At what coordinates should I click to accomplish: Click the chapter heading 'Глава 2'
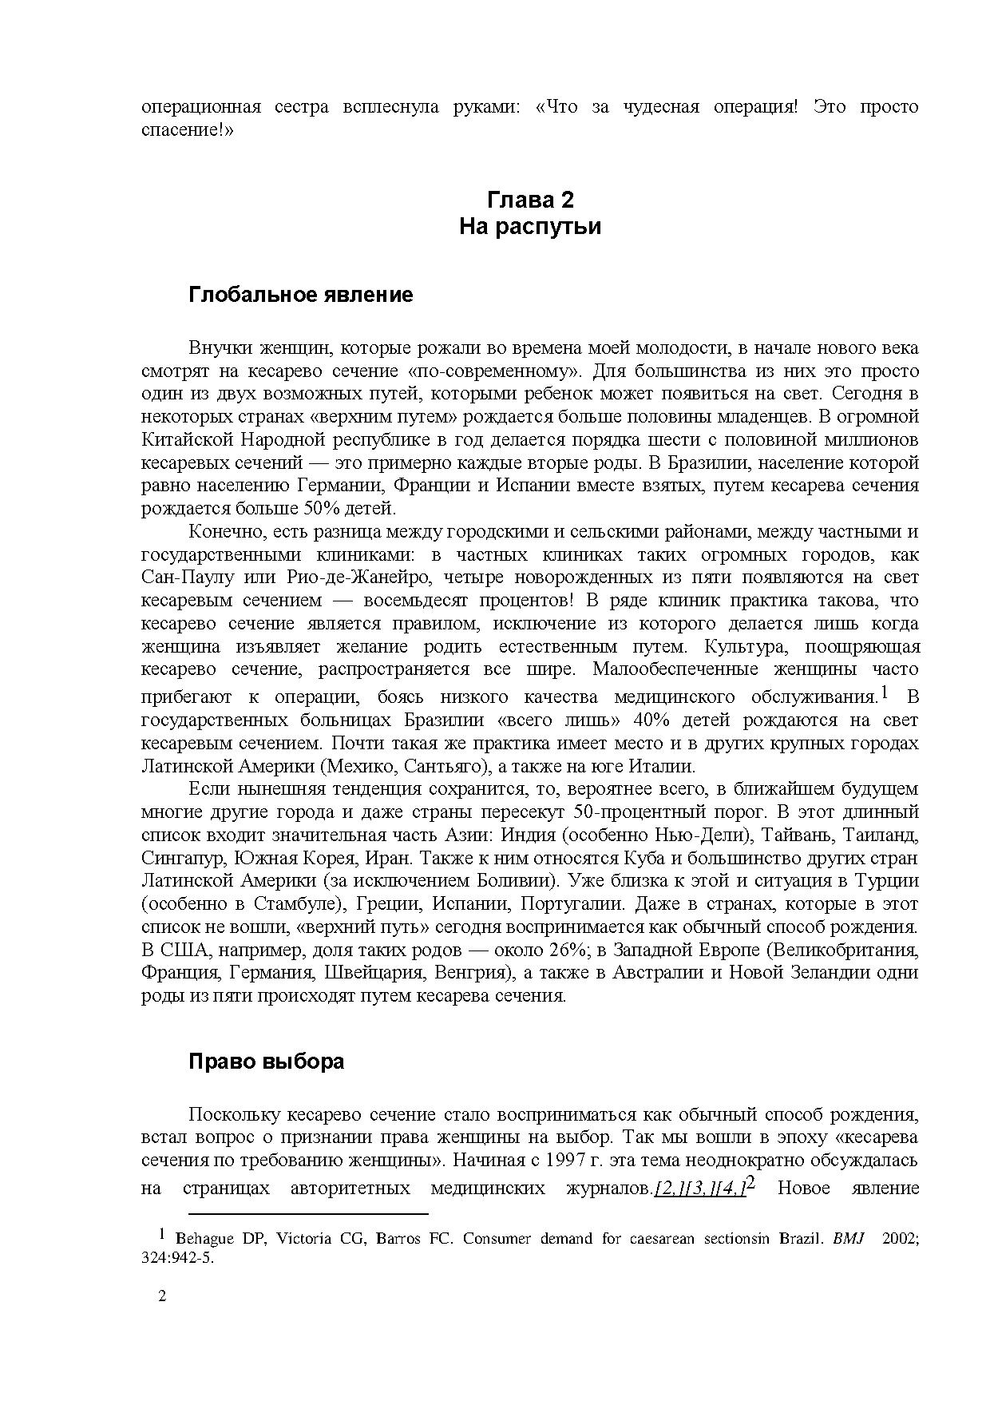[x=530, y=199]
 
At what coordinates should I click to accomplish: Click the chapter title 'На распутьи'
[x=530, y=227]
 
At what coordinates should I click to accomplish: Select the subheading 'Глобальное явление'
[x=301, y=295]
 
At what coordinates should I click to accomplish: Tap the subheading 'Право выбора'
[x=267, y=1062]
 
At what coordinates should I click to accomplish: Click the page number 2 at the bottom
[x=163, y=1296]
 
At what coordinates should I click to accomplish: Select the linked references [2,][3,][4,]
[x=699, y=1189]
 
